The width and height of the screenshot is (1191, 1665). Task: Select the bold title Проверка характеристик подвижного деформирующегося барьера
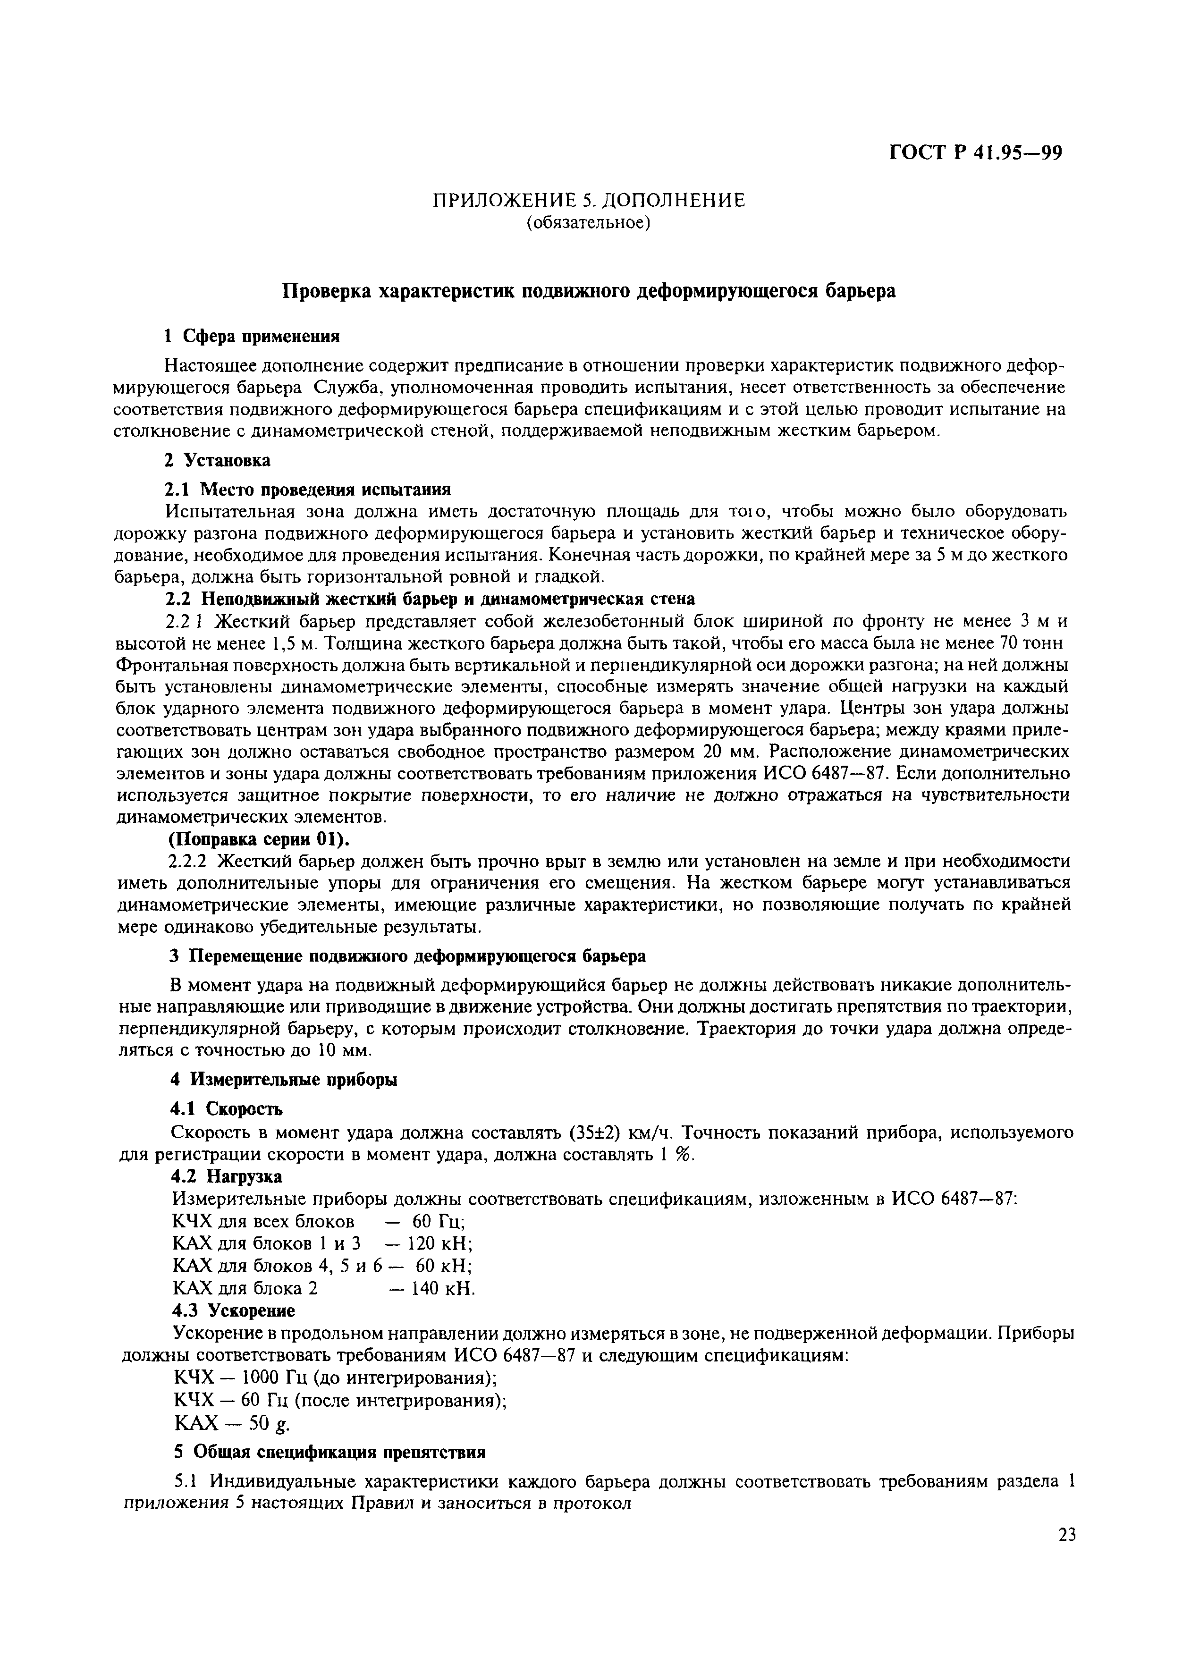(590, 291)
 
